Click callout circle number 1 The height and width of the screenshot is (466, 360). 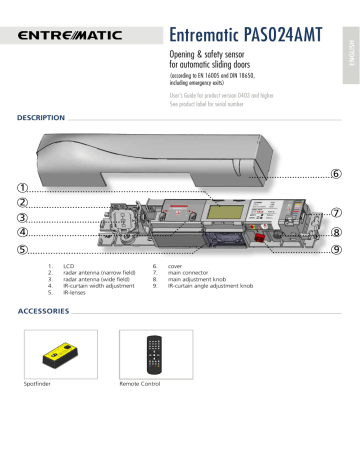(x=21, y=187)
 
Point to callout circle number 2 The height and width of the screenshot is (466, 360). (x=21, y=202)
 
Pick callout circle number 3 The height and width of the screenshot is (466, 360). (x=21, y=217)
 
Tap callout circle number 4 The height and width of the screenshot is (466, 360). (x=21, y=232)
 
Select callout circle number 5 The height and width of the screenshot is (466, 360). (x=21, y=248)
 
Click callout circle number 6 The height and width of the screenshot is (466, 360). (x=336, y=174)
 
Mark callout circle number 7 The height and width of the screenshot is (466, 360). (x=336, y=212)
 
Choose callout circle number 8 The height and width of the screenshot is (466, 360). (x=336, y=232)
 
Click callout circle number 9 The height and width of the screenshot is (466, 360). (x=336, y=249)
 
